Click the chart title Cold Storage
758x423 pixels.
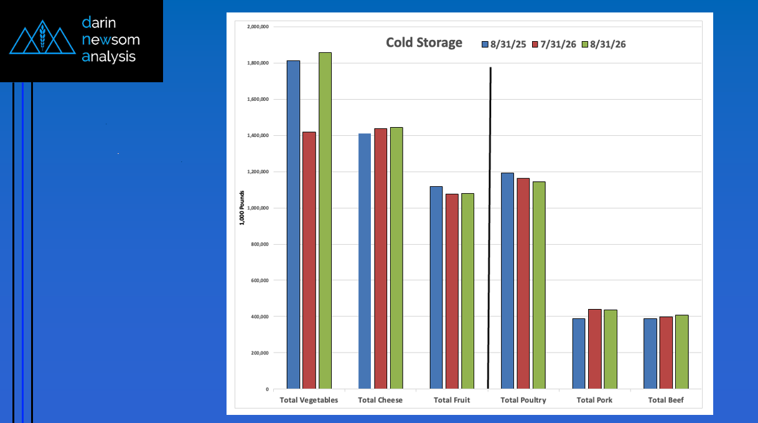424,42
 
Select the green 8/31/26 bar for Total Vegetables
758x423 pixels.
325,221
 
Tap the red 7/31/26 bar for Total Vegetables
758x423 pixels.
309,260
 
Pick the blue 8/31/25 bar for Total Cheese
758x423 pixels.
365,261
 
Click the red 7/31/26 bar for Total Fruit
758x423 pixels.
452,292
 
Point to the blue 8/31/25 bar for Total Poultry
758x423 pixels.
507,281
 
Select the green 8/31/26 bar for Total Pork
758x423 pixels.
611,349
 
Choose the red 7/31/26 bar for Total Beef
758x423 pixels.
666,353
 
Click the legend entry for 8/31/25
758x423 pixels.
504,44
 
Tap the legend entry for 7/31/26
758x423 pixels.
554,44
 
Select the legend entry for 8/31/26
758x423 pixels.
604,44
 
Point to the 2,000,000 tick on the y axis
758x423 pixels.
258,27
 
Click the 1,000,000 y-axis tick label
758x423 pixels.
258,208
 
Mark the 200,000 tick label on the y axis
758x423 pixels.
260,353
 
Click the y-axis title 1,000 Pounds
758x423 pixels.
241,207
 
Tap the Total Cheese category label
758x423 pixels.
380,400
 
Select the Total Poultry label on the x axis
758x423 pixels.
523,400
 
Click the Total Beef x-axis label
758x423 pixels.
666,400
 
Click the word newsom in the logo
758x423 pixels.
111,40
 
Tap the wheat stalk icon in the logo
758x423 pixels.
42,37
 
